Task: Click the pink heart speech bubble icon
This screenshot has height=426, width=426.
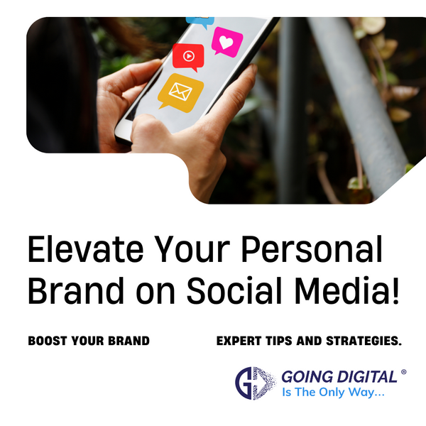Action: tap(227, 42)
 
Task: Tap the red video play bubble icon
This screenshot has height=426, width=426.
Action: tap(188, 57)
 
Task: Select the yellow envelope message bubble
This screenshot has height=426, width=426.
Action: tap(180, 92)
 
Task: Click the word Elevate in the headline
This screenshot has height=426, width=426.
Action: tap(86, 249)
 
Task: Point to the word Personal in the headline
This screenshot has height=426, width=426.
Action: tap(312, 249)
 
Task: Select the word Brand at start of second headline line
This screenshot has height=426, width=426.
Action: tap(76, 290)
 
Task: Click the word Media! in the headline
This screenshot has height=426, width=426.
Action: tap(347, 290)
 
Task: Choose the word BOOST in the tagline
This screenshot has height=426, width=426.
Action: tap(48, 341)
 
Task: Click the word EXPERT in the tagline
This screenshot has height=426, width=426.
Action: tap(239, 341)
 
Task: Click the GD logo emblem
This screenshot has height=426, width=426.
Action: tap(256, 383)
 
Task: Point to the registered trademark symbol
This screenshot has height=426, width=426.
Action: tap(404, 372)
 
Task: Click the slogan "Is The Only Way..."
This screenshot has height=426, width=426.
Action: tap(333, 393)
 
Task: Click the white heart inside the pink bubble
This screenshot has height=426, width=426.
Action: tap(226, 43)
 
